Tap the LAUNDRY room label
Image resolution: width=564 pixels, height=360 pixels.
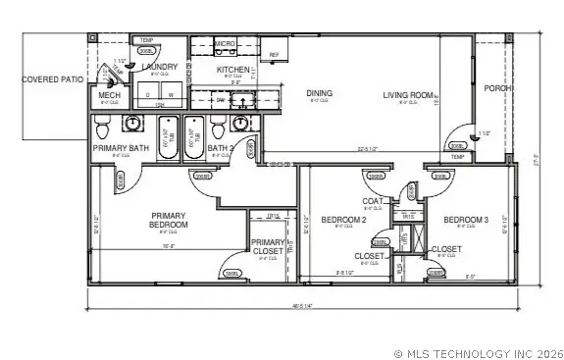158,67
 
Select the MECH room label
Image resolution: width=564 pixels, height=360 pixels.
109,95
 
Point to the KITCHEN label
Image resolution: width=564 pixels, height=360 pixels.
234,70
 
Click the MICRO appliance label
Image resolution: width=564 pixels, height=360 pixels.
225,44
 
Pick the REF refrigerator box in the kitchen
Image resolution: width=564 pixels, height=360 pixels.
274,55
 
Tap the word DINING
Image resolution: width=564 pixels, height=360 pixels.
319,94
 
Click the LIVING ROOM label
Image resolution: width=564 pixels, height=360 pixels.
408,94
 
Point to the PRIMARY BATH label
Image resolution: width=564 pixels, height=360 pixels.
120,148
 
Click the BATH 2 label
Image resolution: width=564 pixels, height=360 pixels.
220,148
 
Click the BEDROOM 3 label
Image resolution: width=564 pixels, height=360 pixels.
465,220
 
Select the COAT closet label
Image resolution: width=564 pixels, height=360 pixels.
372,202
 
